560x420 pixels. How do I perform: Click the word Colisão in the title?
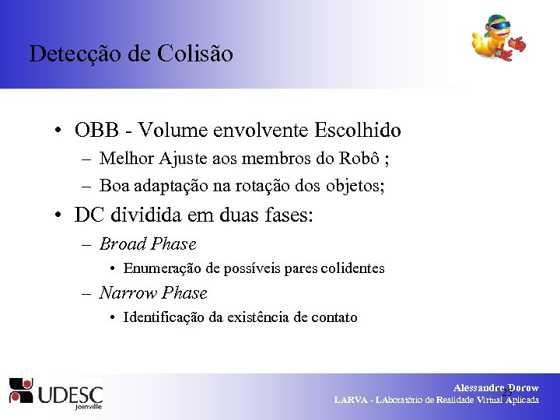(198, 54)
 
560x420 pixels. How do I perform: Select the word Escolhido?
(357, 129)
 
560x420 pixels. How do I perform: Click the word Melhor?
(127, 159)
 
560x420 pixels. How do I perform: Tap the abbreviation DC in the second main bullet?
(88, 215)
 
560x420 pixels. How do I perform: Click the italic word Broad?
(123, 244)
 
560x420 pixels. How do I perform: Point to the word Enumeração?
(162, 268)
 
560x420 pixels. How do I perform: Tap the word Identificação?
(166, 317)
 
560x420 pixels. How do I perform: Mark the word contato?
(334, 317)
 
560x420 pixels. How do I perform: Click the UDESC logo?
(56, 393)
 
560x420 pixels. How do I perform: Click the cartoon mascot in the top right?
(496, 39)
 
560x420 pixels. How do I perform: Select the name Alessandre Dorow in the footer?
(495, 387)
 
